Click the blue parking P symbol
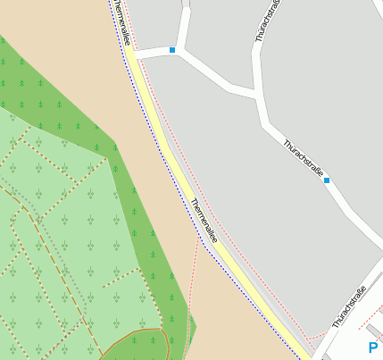click(372, 348)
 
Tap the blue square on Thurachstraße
click(327, 180)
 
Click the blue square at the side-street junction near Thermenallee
click(172, 50)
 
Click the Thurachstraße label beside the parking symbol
click(348, 306)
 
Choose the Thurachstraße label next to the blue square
click(303, 158)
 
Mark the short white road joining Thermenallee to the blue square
click(154, 53)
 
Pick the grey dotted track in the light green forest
click(71, 277)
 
